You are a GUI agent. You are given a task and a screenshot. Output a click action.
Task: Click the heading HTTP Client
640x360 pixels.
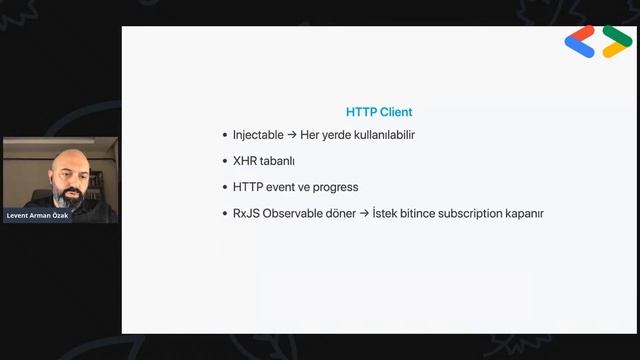point(379,112)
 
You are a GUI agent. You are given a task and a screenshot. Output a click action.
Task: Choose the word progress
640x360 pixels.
point(334,187)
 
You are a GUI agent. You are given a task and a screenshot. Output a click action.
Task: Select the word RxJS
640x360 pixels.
point(246,213)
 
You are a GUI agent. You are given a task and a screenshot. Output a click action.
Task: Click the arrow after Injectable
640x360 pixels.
point(291,135)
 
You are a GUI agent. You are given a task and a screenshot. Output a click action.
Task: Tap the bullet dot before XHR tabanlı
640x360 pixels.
point(224,161)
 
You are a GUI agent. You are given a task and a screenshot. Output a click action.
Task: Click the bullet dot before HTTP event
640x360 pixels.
point(224,187)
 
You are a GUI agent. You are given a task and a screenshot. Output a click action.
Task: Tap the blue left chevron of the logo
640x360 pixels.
point(579,42)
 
